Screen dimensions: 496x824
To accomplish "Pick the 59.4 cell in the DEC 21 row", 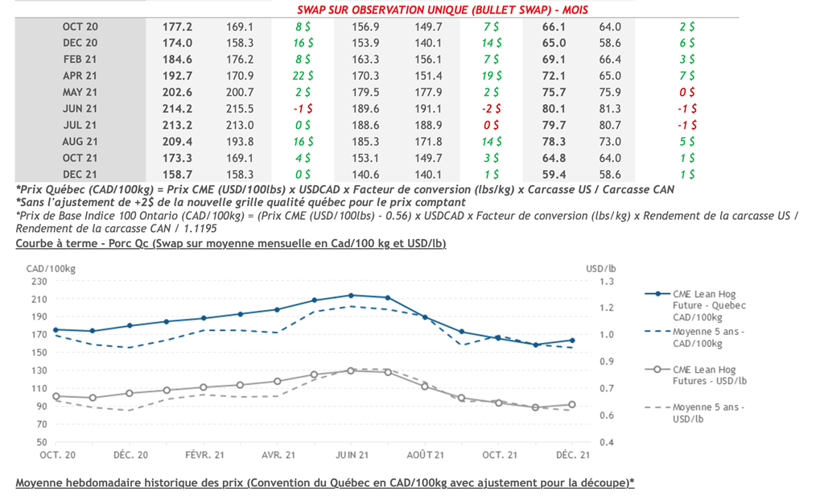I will point(555,173).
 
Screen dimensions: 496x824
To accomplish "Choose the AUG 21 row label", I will point(80,142).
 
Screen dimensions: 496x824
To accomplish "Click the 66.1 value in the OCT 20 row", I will point(555,27).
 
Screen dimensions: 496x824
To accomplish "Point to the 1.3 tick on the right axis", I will point(606,281).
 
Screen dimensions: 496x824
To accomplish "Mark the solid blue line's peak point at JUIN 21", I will point(350,296).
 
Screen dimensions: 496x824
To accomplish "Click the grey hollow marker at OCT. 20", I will point(56,396).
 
